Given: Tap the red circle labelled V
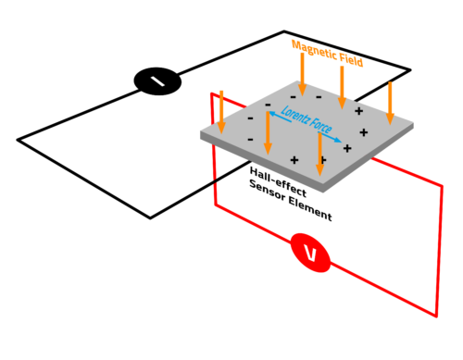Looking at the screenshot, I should (x=311, y=252).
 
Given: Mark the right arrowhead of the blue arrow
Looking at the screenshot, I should (x=341, y=143).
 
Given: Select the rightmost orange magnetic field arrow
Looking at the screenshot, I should (x=390, y=102).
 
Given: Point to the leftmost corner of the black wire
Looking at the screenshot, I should (x=18, y=140).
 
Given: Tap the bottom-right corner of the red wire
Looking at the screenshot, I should (x=436, y=316).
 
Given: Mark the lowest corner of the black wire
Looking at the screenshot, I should (x=151, y=218).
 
